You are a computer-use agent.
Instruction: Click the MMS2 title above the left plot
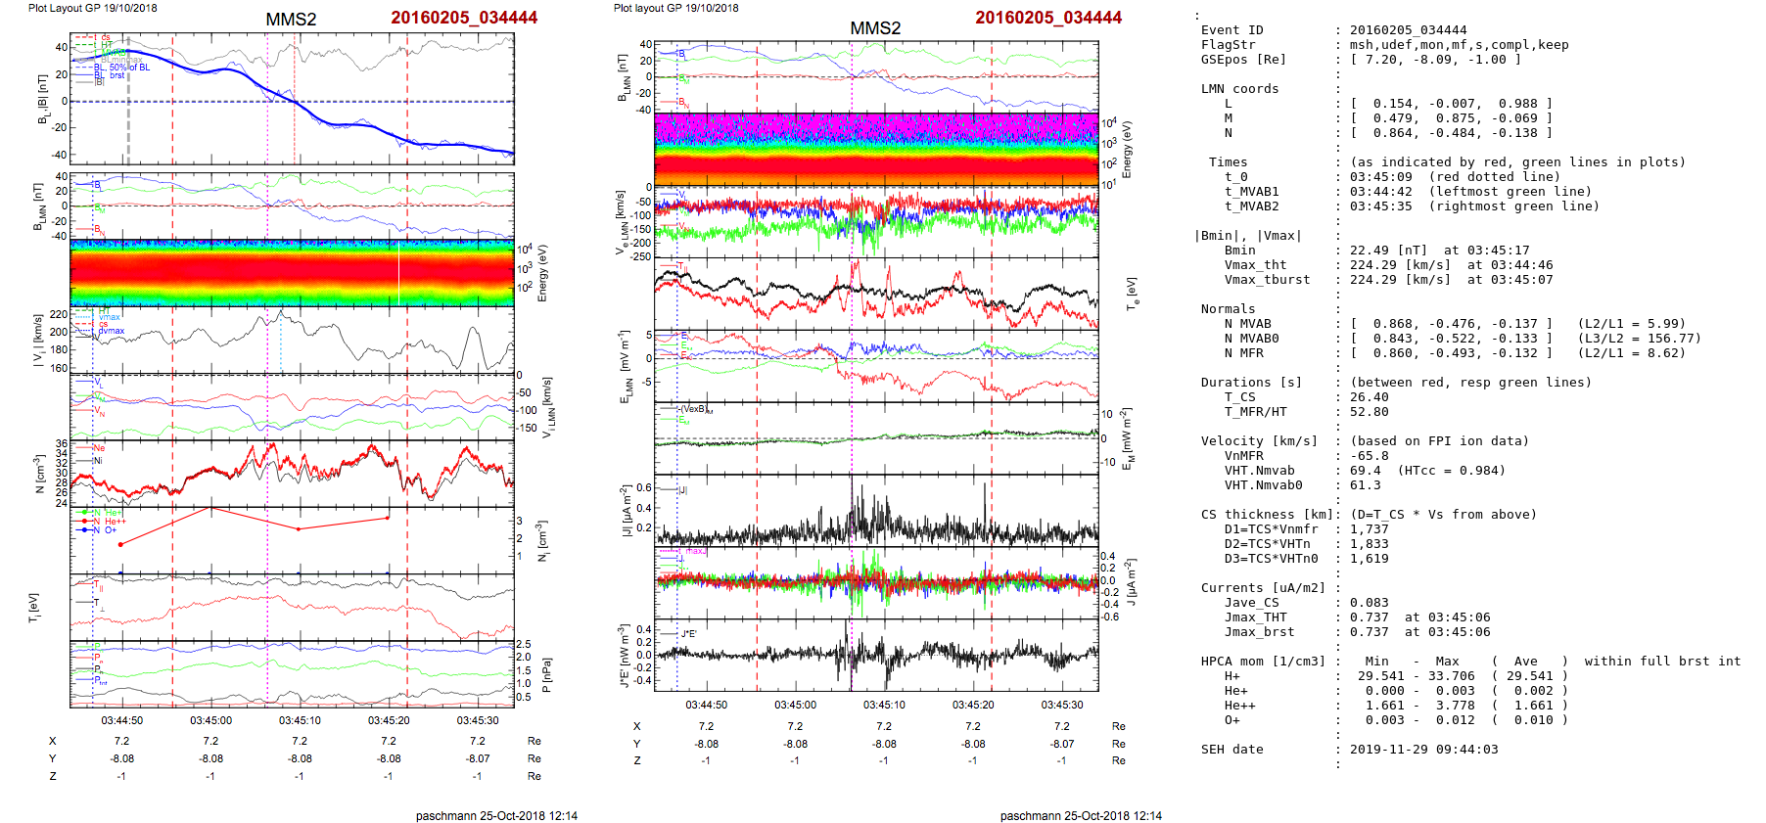[291, 20]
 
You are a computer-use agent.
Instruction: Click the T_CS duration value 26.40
[1369, 397]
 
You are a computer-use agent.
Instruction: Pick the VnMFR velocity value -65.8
[1369, 456]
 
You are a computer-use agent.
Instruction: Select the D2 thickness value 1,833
[1369, 544]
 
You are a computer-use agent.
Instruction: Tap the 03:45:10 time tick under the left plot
[300, 721]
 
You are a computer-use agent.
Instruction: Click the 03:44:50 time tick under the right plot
[706, 705]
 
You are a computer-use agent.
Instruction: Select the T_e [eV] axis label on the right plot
[1133, 293]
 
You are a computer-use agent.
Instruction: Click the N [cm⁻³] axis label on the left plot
[40, 474]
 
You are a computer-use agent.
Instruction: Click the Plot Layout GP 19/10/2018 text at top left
[92, 8]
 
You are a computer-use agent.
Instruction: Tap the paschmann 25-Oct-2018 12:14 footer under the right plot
[1081, 815]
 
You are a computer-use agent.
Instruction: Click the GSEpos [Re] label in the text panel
[1243, 60]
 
